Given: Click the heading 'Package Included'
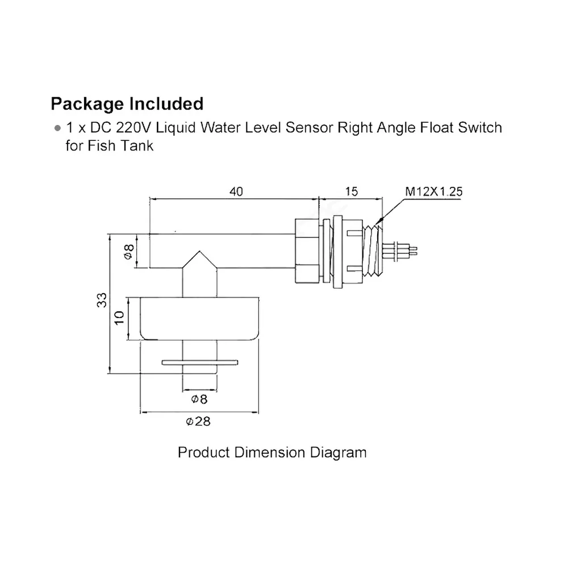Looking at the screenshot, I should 127,104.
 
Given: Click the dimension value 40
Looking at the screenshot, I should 236,192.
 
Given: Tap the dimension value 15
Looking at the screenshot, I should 352,192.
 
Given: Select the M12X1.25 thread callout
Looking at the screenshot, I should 433,192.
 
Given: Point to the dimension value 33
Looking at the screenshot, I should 102,300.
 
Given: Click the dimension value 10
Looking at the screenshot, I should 119,318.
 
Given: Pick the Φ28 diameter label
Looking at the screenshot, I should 198,421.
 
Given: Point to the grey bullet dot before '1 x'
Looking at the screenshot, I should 57,128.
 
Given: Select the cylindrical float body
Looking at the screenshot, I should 199,318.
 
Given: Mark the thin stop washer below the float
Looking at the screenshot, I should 200,362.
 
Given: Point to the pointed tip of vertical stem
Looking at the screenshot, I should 199,255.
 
